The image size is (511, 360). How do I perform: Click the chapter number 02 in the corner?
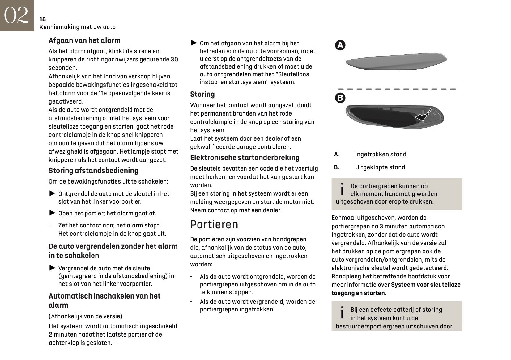[16, 15]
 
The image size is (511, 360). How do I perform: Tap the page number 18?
[43, 19]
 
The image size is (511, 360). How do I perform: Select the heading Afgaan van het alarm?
[84, 40]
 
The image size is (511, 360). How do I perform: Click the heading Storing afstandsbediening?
[93, 171]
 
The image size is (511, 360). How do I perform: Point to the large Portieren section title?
[214, 225]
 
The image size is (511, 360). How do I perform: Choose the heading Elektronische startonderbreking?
[245, 158]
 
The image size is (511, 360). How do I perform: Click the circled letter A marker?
[340, 45]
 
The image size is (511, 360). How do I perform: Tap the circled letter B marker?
[340, 98]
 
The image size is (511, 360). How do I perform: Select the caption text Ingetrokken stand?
[381, 154]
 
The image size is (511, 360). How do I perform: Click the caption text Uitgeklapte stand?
[380, 167]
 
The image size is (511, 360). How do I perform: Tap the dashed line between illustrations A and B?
[397, 89]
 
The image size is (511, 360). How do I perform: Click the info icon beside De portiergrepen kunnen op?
[342, 190]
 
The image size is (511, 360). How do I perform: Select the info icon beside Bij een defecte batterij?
[342, 313]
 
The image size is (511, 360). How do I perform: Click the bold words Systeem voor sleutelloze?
[426, 285]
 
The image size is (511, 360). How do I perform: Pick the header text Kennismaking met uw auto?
[78, 27]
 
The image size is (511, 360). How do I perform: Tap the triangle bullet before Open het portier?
[52, 213]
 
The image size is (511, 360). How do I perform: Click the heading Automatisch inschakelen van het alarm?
[104, 300]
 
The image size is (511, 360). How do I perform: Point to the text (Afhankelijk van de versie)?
[85, 316]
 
